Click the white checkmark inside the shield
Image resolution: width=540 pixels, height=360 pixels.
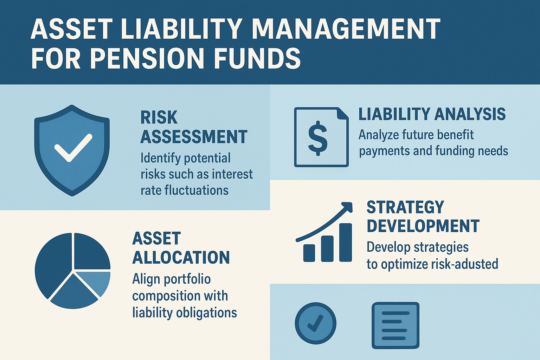[73, 148]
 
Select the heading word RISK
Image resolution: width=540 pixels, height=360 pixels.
[159, 117]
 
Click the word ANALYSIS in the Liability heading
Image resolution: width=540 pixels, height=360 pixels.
[470, 114]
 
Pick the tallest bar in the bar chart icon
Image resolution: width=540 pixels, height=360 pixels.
[346, 242]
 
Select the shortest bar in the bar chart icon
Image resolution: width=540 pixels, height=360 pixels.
[309, 253]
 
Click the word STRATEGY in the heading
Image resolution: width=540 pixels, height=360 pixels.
[405, 207]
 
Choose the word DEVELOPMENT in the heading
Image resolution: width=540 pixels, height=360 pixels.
[423, 226]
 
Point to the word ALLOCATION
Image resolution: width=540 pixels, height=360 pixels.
[181, 257]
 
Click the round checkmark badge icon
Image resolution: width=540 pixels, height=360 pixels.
[315, 323]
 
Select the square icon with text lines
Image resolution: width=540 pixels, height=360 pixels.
[396, 326]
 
